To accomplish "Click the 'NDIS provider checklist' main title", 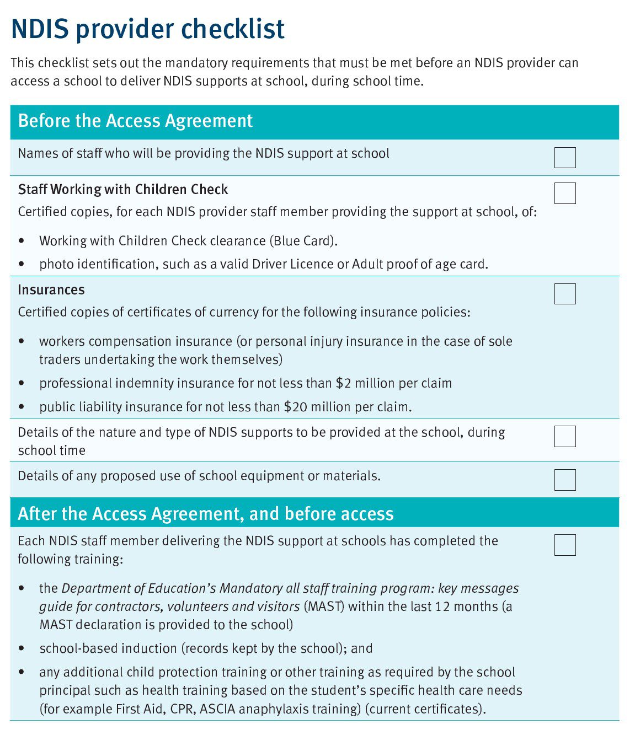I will (148, 29).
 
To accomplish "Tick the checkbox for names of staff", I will (564, 158).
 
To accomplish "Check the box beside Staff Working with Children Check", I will (564, 194).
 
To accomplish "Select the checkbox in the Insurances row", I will (564, 294).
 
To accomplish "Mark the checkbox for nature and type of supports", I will (564, 436).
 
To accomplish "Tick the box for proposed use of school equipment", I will (564, 480).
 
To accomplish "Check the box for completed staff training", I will (564, 545).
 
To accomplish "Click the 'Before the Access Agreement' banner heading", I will (135, 121).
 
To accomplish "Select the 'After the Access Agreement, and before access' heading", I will (206, 514).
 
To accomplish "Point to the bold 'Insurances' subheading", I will (51, 290).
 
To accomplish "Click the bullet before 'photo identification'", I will (22, 265).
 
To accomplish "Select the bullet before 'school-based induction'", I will (22, 649).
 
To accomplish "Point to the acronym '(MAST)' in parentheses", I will (324, 607).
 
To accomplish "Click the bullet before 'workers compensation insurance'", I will (22, 342).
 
